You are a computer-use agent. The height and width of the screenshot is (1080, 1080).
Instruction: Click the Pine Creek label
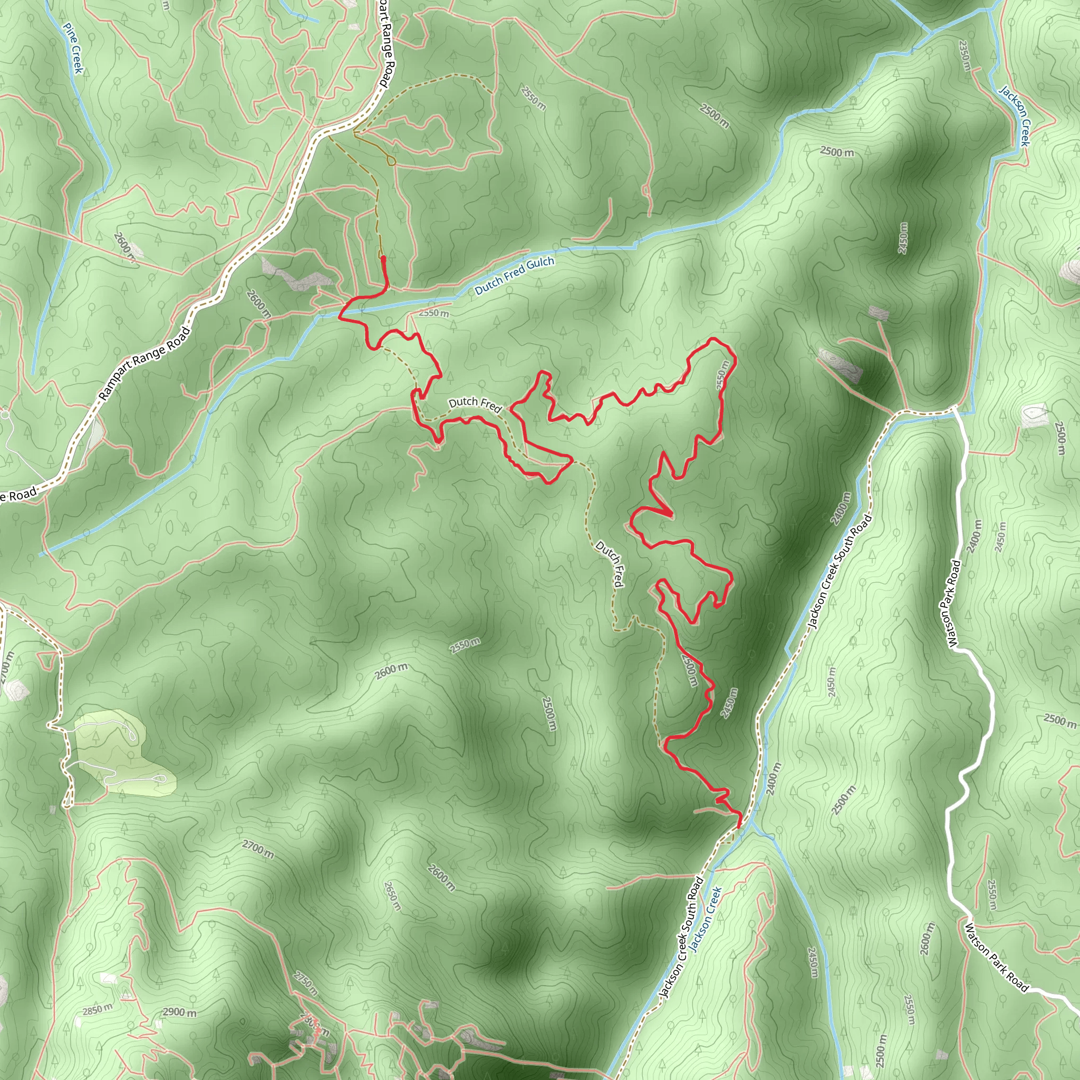(73, 48)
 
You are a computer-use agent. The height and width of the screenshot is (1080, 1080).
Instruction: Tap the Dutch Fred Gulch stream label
(514, 276)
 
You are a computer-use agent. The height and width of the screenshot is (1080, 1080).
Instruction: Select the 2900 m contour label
(179, 1012)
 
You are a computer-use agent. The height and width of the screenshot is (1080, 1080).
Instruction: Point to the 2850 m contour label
(97, 1009)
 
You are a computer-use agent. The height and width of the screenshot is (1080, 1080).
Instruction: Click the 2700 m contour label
(258, 849)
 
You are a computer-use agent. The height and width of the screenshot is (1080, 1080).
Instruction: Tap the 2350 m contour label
(965, 55)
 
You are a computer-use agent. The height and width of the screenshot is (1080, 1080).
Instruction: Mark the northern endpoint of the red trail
(383, 258)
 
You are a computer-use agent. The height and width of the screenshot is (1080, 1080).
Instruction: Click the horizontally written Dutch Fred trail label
(475, 403)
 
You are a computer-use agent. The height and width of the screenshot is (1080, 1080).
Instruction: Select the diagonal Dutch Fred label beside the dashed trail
(609, 564)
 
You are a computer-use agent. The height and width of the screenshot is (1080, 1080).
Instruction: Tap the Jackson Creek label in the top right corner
(1015, 115)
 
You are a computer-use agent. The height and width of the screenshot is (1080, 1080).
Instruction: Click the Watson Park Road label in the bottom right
(997, 958)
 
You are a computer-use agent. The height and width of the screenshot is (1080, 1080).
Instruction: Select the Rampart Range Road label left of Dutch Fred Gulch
(145, 364)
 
